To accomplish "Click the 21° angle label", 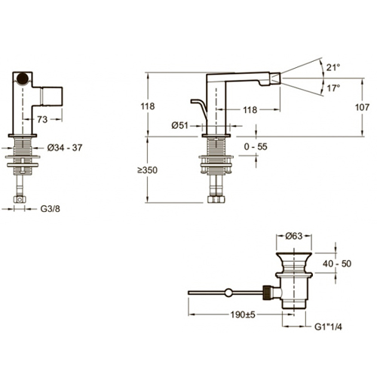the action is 333,67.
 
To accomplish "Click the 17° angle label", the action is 333,88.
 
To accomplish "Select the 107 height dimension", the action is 362,107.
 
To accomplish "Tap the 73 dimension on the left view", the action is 42,119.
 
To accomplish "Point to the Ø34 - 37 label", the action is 65,148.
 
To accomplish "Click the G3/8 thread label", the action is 51,209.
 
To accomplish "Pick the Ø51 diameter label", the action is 179,125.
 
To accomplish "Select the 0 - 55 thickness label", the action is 256,146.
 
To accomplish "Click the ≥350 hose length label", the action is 147,170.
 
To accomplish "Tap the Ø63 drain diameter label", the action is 293,236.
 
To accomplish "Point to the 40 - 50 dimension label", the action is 337,264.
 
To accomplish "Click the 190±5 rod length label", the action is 243,314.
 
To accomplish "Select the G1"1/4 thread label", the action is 328,326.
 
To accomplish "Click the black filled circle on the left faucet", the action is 23,78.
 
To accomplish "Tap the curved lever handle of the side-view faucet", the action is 200,106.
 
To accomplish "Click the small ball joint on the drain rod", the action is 228,293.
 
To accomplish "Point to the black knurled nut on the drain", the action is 268,293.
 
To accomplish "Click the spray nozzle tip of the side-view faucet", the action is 277,78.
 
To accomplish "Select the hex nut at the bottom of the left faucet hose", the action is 20,200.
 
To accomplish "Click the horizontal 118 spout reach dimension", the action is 250,110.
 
